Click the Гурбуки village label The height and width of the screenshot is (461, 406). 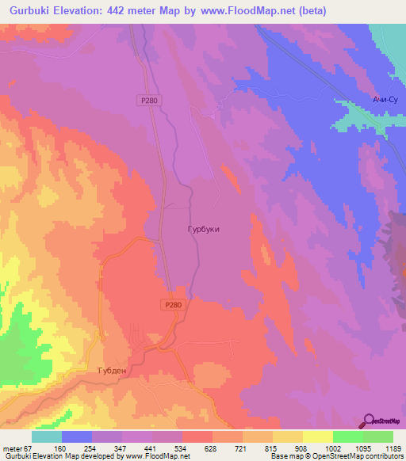[x=205, y=229]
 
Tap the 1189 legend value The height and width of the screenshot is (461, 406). [x=393, y=448]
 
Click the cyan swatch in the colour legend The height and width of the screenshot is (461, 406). [x=47, y=436]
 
